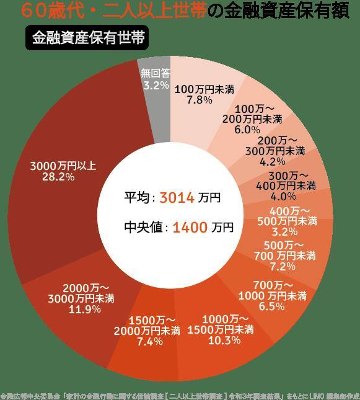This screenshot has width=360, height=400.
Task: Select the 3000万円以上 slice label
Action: [x=63, y=166]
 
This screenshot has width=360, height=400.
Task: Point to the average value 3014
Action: [x=178, y=198]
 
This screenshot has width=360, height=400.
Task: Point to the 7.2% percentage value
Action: [x=282, y=267]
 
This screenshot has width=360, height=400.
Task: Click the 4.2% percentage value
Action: [x=272, y=161]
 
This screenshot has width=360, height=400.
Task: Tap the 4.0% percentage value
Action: [x=283, y=196]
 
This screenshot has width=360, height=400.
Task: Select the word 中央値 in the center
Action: [x=143, y=228]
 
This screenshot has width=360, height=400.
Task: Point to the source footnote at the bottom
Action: [x=180, y=394]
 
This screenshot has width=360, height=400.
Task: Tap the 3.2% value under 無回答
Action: [x=156, y=85]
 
